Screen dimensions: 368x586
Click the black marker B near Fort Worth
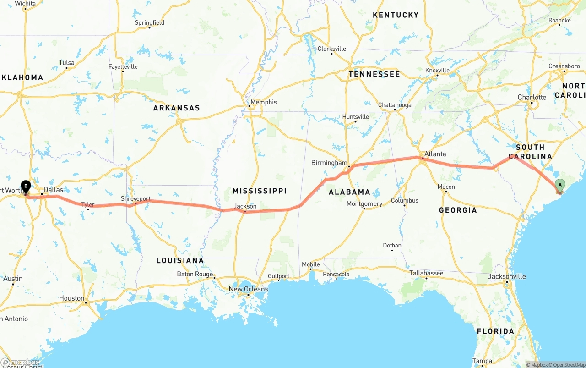26,187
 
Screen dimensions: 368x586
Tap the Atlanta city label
434,154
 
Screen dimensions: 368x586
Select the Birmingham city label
329,163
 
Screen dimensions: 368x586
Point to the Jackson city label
245,206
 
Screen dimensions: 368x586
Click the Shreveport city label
136,198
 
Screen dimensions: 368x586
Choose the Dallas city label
53,189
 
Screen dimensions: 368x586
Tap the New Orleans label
248,289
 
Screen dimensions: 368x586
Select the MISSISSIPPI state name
259,191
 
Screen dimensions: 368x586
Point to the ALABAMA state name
349,192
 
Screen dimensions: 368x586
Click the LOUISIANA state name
180,260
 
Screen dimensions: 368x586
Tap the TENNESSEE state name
374,74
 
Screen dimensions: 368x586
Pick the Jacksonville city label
507,276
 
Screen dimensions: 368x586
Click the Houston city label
71,298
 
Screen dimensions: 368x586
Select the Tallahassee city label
426,273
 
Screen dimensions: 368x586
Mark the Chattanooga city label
394,105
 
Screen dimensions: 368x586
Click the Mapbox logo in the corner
20,363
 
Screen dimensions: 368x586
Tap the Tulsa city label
66,63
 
